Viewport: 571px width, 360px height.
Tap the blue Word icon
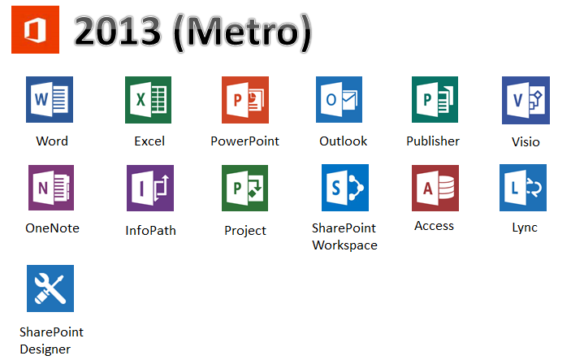[x=50, y=100]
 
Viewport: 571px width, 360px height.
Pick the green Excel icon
[x=148, y=100]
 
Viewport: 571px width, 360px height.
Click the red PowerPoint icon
[x=244, y=100]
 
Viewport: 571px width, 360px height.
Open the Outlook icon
[x=340, y=100]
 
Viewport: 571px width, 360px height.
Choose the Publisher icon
[x=435, y=100]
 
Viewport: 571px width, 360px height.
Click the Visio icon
[x=525, y=100]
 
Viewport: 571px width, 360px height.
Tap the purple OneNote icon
[x=51, y=188]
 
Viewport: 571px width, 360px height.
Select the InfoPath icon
[x=150, y=188]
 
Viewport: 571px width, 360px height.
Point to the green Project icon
[x=244, y=188]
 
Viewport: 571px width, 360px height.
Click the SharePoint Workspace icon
[x=345, y=188]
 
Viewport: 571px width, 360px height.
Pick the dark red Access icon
[x=435, y=188]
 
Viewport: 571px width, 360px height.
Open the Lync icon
[x=523, y=188]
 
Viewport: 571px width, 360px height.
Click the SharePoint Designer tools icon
[x=50, y=288]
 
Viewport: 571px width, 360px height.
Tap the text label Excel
[x=149, y=141]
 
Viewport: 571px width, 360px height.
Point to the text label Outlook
[x=343, y=141]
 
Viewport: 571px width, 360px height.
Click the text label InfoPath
[x=150, y=230]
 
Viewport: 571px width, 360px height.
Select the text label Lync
[x=525, y=228]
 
